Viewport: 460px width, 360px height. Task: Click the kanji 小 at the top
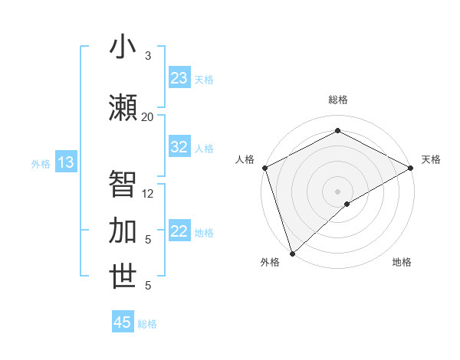click(x=123, y=47)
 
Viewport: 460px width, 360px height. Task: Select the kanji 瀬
click(x=123, y=108)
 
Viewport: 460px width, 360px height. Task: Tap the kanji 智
click(x=123, y=185)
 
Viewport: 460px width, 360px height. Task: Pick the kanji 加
click(x=123, y=231)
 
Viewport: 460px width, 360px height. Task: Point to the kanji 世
click(x=123, y=277)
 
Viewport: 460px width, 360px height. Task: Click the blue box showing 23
click(x=179, y=78)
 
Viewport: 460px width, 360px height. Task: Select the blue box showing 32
click(x=179, y=147)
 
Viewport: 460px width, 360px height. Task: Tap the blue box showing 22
click(x=179, y=232)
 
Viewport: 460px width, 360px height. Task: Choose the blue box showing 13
click(x=66, y=162)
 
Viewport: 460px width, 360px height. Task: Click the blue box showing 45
click(x=123, y=322)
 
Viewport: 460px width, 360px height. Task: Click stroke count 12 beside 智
click(x=148, y=194)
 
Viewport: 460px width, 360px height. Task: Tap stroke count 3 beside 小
click(x=148, y=55)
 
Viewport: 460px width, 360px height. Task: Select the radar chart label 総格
click(x=337, y=100)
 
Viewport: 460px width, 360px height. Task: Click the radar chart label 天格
click(x=431, y=159)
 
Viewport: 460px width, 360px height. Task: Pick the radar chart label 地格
click(x=402, y=262)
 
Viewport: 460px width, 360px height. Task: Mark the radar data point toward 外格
click(x=291, y=253)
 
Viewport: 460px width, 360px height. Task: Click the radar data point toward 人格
click(x=264, y=168)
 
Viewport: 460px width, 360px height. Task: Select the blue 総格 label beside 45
click(x=147, y=324)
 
